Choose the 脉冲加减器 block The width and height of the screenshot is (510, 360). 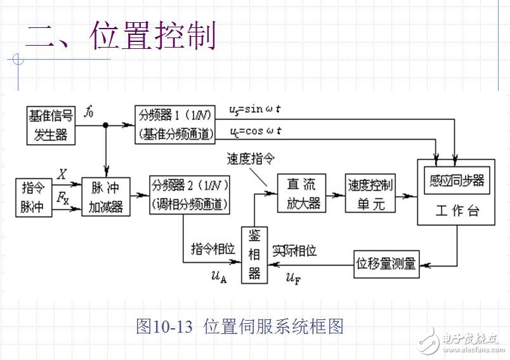(x=106, y=197)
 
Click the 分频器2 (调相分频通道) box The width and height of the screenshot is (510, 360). (x=189, y=195)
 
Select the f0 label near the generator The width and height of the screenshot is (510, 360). (x=89, y=112)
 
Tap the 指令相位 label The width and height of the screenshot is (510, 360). (x=213, y=250)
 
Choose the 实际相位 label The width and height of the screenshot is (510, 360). (x=294, y=250)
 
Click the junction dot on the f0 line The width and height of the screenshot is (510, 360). (x=106, y=125)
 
